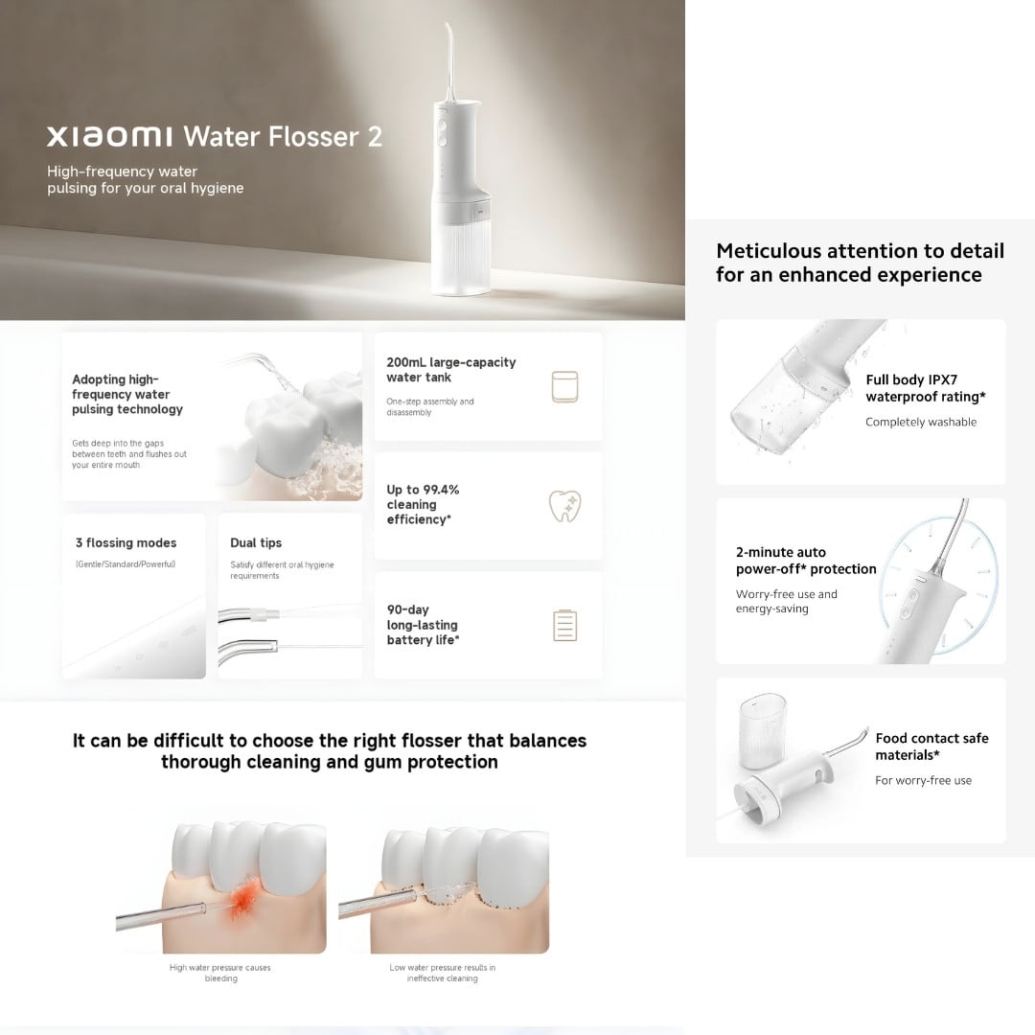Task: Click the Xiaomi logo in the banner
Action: click(109, 137)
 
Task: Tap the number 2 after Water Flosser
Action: click(375, 137)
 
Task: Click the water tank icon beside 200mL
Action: click(564, 387)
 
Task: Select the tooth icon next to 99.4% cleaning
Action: click(565, 506)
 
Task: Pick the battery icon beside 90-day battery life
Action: click(565, 626)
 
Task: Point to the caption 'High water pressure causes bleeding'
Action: click(220, 973)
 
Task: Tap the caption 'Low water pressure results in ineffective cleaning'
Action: click(442, 973)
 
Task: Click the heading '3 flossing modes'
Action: click(126, 542)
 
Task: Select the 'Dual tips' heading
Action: click(256, 542)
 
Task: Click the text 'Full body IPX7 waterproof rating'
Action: click(926, 388)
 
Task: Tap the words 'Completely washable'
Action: click(921, 422)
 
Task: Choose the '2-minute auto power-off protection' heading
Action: click(806, 561)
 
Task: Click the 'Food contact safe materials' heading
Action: click(932, 747)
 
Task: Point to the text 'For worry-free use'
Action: click(924, 780)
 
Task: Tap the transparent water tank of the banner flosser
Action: click(461, 251)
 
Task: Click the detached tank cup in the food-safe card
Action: click(763, 730)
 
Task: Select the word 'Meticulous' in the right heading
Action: click(769, 251)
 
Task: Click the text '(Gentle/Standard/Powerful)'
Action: click(126, 564)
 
